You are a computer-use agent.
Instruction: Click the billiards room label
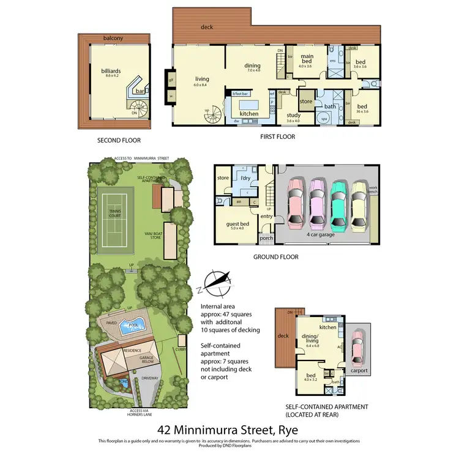pos(111,71)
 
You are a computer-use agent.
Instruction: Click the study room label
pos(293,114)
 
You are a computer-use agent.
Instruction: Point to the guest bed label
pos(236,224)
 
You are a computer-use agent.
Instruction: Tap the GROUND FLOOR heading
pos(276,257)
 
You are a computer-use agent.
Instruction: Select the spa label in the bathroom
pos(325,118)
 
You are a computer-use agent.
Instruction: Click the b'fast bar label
pos(240,94)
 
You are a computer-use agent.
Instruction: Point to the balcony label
pos(113,39)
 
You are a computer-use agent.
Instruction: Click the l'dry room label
pos(247,178)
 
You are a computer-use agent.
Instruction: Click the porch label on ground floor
pos(266,239)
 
